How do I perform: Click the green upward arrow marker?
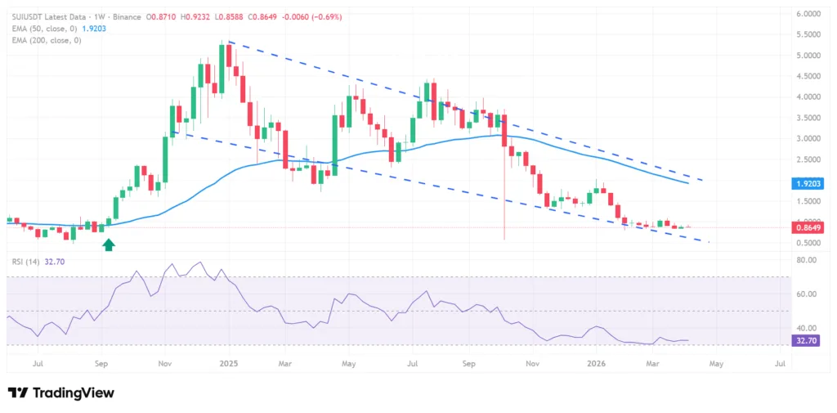click(107, 245)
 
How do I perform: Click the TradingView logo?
click(61, 393)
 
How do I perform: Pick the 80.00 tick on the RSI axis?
click(806, 260)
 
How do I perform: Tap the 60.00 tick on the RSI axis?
click(806, 294)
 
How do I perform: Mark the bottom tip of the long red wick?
click(504, 240)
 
